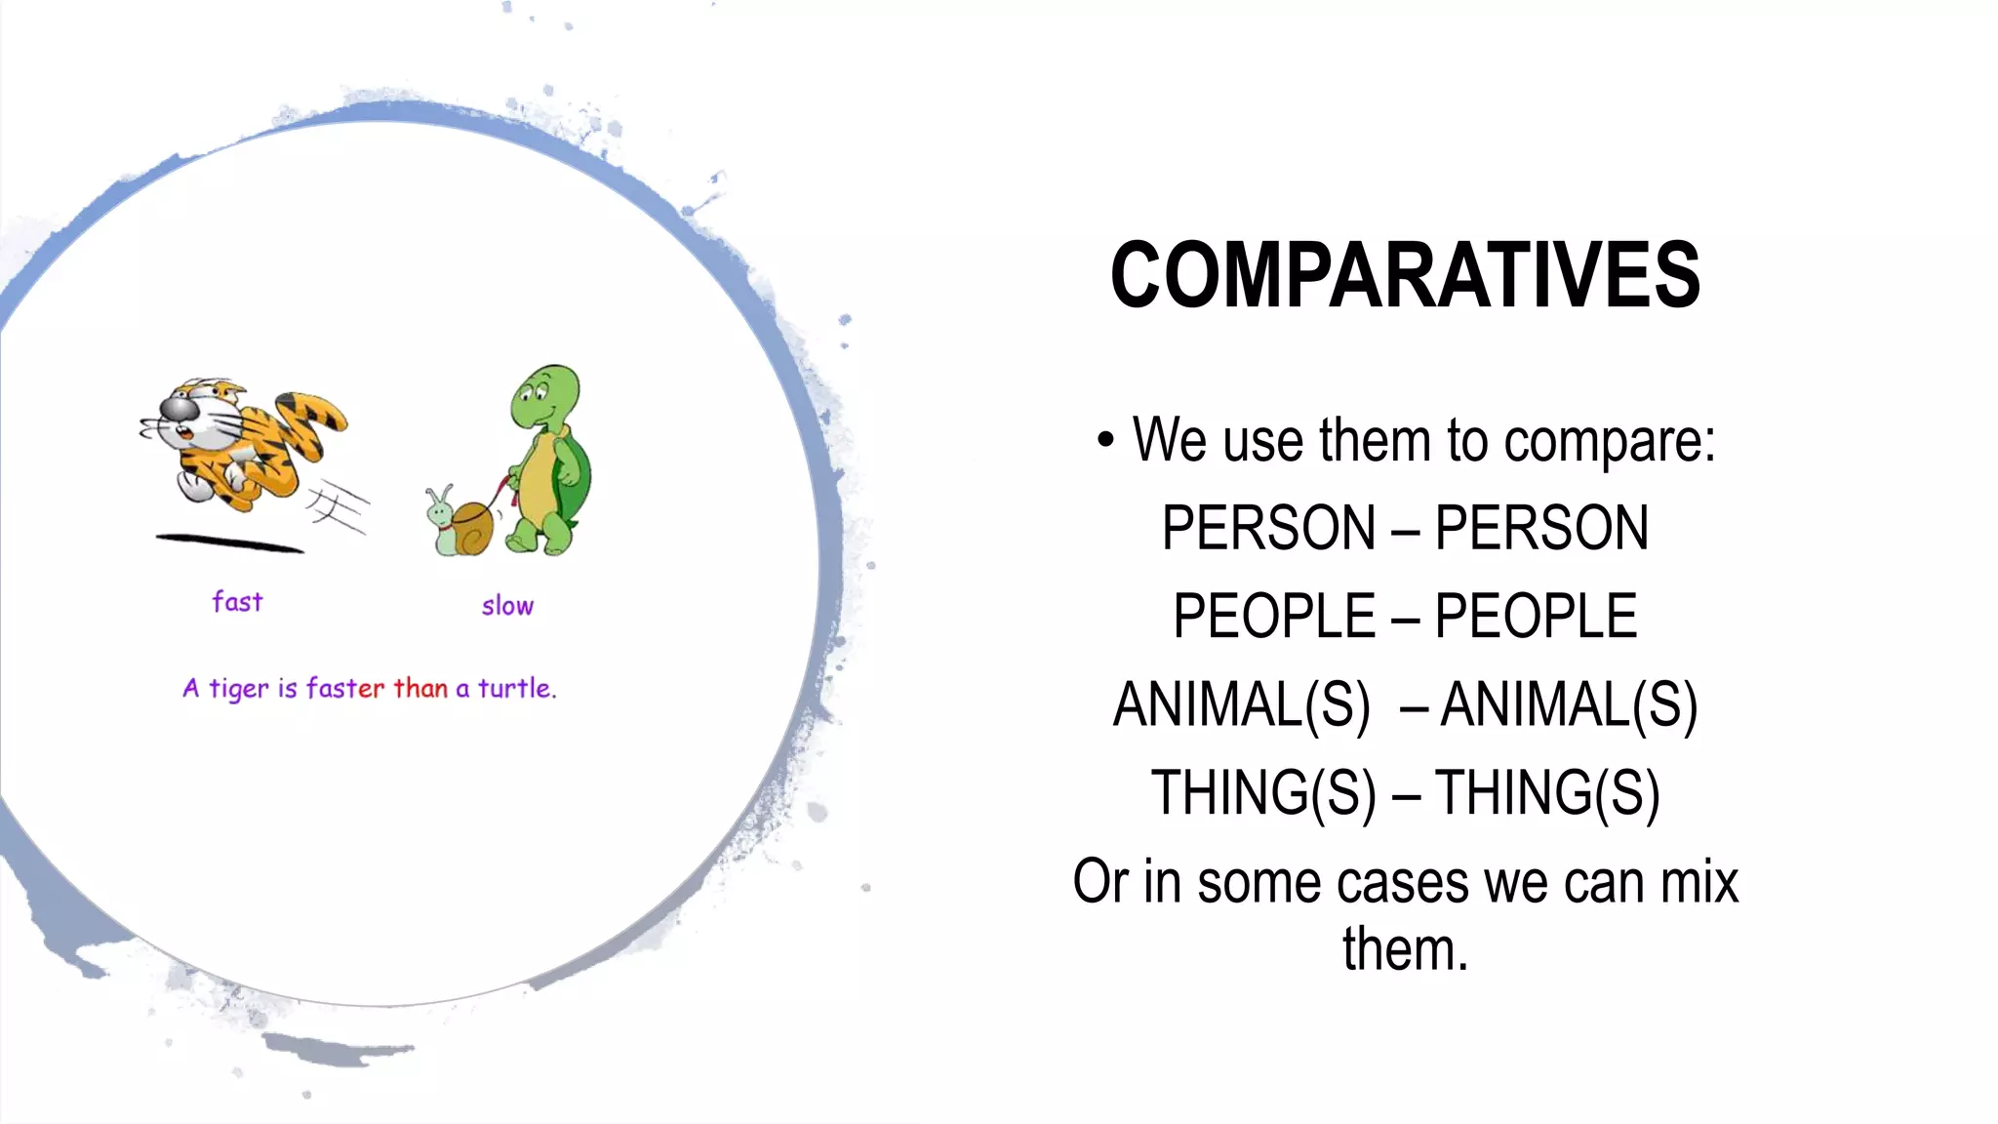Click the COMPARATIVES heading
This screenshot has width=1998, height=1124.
pos(1405,276)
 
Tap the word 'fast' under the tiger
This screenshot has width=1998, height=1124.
pos(237,602)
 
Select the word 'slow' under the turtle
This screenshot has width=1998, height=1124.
pos(507,606)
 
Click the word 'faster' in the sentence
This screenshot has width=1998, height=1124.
pos(345,689)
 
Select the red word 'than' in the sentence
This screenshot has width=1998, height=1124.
pos(420,689)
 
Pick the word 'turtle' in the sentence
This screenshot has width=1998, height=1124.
pos(514,689)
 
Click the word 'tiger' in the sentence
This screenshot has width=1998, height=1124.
pos(238,690)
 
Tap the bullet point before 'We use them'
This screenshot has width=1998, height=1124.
pos(1104,440)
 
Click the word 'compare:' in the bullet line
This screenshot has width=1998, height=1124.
pos(1609,441)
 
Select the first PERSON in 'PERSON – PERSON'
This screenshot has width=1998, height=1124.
pos(1268,528)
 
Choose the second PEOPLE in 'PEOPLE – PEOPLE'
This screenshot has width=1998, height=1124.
pos(1536,616)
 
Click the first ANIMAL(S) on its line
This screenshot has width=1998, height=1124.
pos(1241,704)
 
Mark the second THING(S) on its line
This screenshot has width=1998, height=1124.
pos(1547,792)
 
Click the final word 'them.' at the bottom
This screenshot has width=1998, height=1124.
pos(1405,949)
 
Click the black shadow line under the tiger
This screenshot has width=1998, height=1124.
pos(229,542)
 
